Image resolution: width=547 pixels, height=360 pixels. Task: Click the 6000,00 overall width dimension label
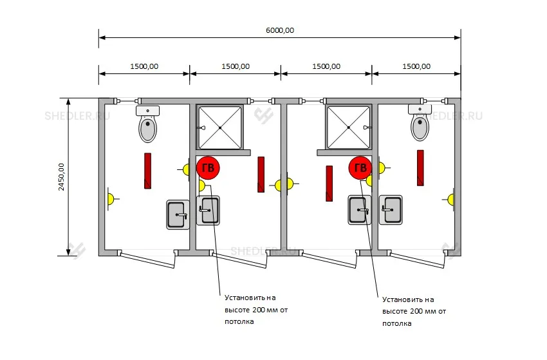pyautogui.click(x=280, y=30)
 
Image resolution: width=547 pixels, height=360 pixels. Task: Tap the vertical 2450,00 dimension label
pyautogui.click(x=61, y=176)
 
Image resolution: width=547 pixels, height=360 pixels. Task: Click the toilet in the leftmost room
pyautogui.click(x=147, y=124)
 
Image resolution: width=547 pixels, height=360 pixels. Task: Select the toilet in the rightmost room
pyautogui.click(x=420, y=122)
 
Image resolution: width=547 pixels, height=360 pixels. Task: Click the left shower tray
pyautogui.click(x=220, y=128)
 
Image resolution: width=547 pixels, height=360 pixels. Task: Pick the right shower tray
pyautogui.click(x=348, y=128)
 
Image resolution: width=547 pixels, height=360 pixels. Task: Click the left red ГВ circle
pyautogui.click(x=208, y=168)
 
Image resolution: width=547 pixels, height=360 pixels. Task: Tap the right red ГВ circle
pyautogui.click(x=360, y=168)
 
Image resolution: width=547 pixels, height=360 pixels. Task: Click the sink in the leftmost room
pyautogui.click(x=178, y=214)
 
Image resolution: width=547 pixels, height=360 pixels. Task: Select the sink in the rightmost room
pyautogui.click(x=391, y=209)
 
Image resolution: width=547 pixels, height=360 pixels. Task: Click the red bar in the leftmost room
pyautogui.click(x=147, y=171)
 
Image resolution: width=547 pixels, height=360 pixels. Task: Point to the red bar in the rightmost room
pyautogui.click(x=420, y=168)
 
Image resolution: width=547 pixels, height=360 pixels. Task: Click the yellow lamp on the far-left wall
pyautogui.click(x=111, y=199)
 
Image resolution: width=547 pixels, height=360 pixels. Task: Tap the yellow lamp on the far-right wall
pyautogui.click(x=450, y=200)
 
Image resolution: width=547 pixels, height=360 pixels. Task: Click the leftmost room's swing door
pyautogui.click(x=147, y=259)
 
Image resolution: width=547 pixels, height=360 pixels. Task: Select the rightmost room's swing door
pyautogui.click(x=418, y=259)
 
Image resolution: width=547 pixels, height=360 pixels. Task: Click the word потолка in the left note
pyautogui.click(x=239, y=321)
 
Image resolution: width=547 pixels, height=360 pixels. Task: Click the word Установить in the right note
pyautogui.click(x=398, y=299)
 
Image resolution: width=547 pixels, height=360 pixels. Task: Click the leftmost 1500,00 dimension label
pyautogui.click(x=144, y=66)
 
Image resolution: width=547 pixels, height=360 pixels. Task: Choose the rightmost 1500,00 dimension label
pyautogui.click(x=416, y=66)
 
